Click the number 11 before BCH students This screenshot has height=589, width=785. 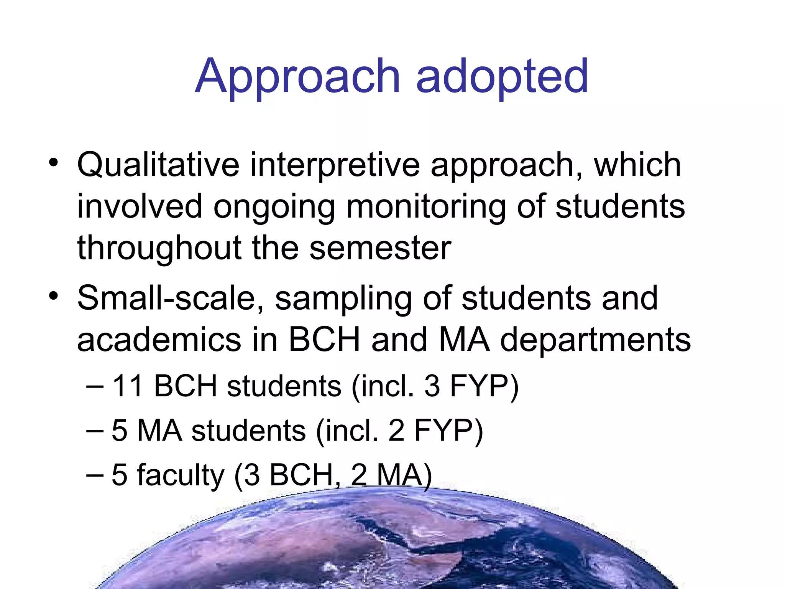128,386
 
